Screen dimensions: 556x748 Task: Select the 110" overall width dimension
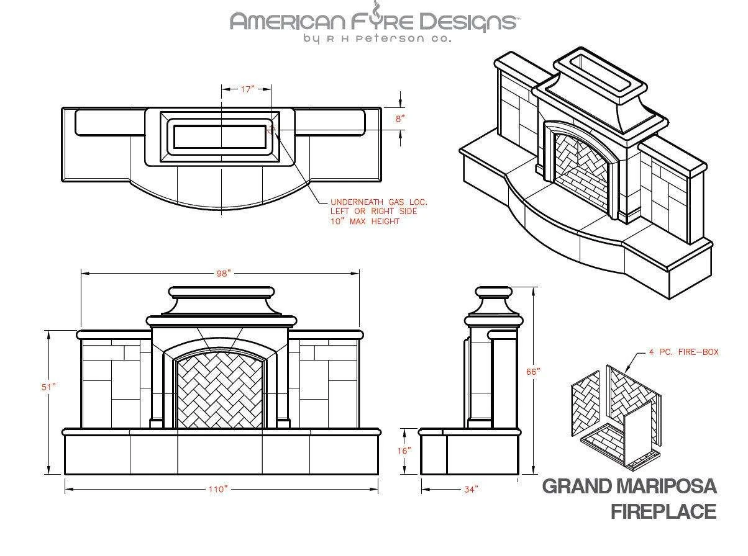218,489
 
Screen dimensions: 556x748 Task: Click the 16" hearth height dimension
404,451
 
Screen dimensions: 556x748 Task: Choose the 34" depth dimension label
471,490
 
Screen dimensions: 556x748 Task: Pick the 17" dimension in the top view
247,89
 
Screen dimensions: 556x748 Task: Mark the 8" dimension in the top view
400,118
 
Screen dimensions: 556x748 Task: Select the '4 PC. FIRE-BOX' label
683,352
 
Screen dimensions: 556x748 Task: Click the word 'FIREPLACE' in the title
663,512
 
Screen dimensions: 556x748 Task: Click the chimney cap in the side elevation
493,292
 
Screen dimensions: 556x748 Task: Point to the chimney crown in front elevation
222,292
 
